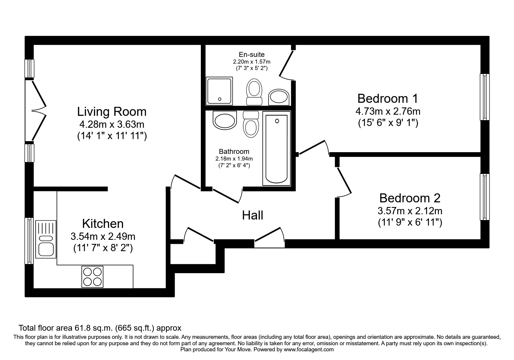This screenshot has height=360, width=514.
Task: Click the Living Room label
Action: click(112, 112)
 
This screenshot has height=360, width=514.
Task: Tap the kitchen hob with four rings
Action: click(93, 277)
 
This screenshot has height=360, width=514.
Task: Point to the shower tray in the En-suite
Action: click(219, 91)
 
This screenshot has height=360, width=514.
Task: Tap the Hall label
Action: click(253, 215)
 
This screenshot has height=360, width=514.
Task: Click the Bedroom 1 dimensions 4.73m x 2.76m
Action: click(388, 111)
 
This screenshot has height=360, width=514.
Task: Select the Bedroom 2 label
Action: click(410, 198)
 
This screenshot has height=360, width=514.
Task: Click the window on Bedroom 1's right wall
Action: click(484, 97)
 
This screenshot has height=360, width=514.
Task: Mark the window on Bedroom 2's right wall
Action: click(484, 197)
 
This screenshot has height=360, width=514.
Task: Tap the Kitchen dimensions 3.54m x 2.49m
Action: click(103, 237)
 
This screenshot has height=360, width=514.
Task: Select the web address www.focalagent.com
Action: click(309, 350)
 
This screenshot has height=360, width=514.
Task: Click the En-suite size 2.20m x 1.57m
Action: click(251, 62)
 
